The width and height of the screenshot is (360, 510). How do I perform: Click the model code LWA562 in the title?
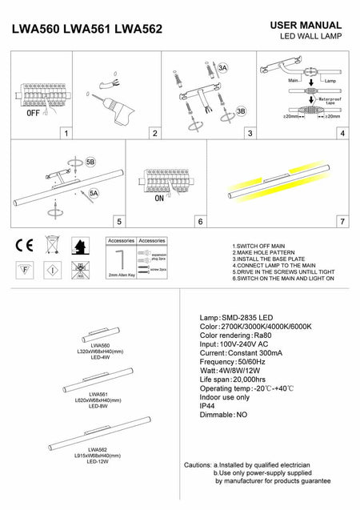(x=138, y=30)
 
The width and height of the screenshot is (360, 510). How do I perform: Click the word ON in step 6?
(x=158, y=197)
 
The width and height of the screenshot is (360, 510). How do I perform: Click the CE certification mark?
(x=23, y=244)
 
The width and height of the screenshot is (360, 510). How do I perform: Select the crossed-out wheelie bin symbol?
(x=51, y=244)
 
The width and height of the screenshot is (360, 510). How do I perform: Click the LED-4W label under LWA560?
(x=99, y=356)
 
